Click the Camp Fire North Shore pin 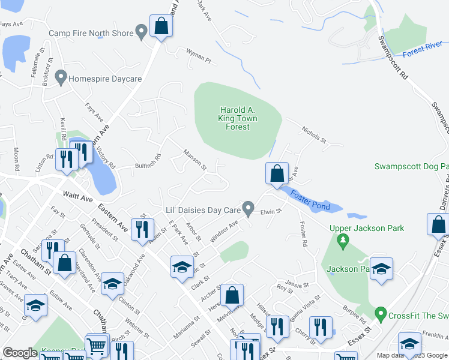coord(142,31)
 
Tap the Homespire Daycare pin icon coord(61,77)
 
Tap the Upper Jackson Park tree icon coord(343,242)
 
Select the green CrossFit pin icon coord(380,313)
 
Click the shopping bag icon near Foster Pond coord(277,174)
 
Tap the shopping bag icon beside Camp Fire coord(161,26)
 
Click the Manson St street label coord(194,159)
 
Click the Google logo coord(20,353)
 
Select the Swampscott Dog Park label coord(411,166)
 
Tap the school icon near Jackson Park coord(381,269)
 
